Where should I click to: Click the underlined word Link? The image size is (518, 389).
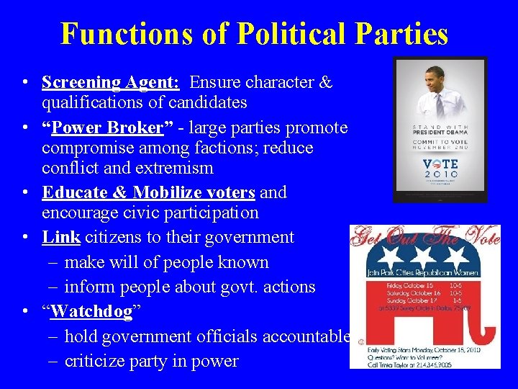coord(60,237)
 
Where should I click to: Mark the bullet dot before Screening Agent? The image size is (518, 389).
coord(25,83)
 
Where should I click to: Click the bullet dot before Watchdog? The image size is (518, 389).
coord(25,312)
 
